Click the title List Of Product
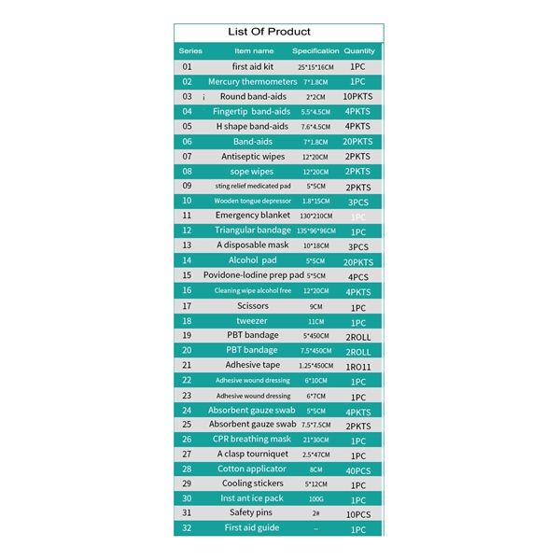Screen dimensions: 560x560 pos(270,32)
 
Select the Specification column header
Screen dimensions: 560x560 pos(315,50)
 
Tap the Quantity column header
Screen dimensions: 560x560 pos(359,50)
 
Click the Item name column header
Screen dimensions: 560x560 pos(254,50)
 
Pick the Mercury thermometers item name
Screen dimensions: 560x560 pos(252,82)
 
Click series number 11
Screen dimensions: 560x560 pos(187,216)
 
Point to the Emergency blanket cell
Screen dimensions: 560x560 pos(252,216)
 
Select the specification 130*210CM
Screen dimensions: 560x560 pos(315,217)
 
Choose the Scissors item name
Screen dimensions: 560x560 pos(252,306)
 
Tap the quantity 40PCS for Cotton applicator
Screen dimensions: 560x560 pos(358,469)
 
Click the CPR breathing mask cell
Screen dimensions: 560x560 pos(252,439)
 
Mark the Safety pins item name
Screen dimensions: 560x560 pos(252,513)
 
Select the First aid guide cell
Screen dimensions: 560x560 pos(252,528)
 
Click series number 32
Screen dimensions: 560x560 pos(187,528)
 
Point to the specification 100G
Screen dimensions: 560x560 pos(315,499)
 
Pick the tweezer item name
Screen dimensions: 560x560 pos(252,320)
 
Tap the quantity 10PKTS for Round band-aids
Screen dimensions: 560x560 pos(358,97)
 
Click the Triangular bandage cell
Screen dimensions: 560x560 pos(252,231)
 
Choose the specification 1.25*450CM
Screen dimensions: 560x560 pos(315,366)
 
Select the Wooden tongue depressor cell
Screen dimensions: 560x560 pos(252,201)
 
